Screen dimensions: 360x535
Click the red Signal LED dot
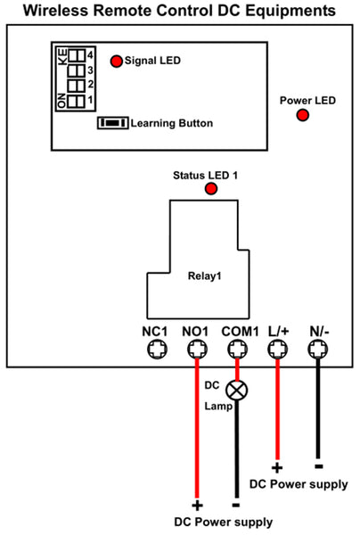[x=116, y=62]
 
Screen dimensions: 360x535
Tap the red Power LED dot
[x=302, y=115]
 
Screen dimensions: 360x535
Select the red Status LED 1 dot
[x=211, y=189]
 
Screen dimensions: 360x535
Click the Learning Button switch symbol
[x=113, y=123]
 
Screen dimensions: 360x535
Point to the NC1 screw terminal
[x=157, y=350]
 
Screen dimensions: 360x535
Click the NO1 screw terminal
[x=198, y=350]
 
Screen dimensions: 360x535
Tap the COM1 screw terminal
[x=238, y=350]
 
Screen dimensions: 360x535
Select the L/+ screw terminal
[x=278, y=350]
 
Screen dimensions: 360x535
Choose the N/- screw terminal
[x=318, y=350]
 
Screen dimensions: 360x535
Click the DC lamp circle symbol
[x=237, y=391]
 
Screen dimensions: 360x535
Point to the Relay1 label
[x=205, y=276]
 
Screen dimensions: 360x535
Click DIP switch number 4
[x=77, y=55]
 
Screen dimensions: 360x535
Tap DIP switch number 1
[x=77, y=102]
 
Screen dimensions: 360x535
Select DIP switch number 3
[x=77, y=71]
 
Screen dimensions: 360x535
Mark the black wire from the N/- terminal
[x=318, y=408]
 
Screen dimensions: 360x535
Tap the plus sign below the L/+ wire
[x=277, y=468]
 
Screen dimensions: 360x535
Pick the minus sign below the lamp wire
[x=236, y=505]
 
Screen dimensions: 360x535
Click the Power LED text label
[x=307, y=101]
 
